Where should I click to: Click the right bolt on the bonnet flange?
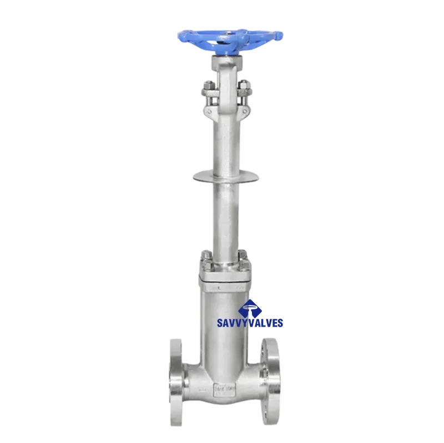coord(244,256)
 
